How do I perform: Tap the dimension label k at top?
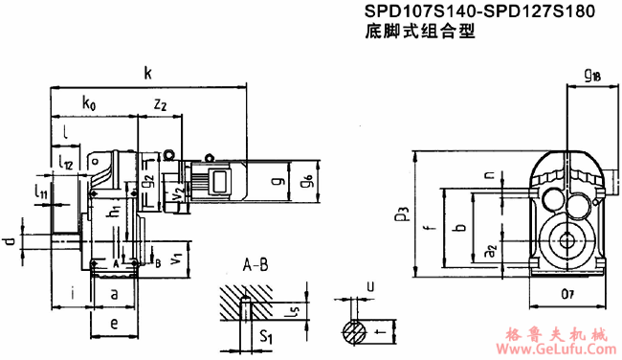tap(147, 71)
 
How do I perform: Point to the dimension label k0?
tap(89, 101)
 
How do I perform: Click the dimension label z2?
tap(160, 102)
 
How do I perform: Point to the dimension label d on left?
tap(9, 235)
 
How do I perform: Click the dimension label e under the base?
tap(113, 324)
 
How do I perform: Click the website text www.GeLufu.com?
tap(560, 349)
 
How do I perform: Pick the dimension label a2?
tap(488, 251)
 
